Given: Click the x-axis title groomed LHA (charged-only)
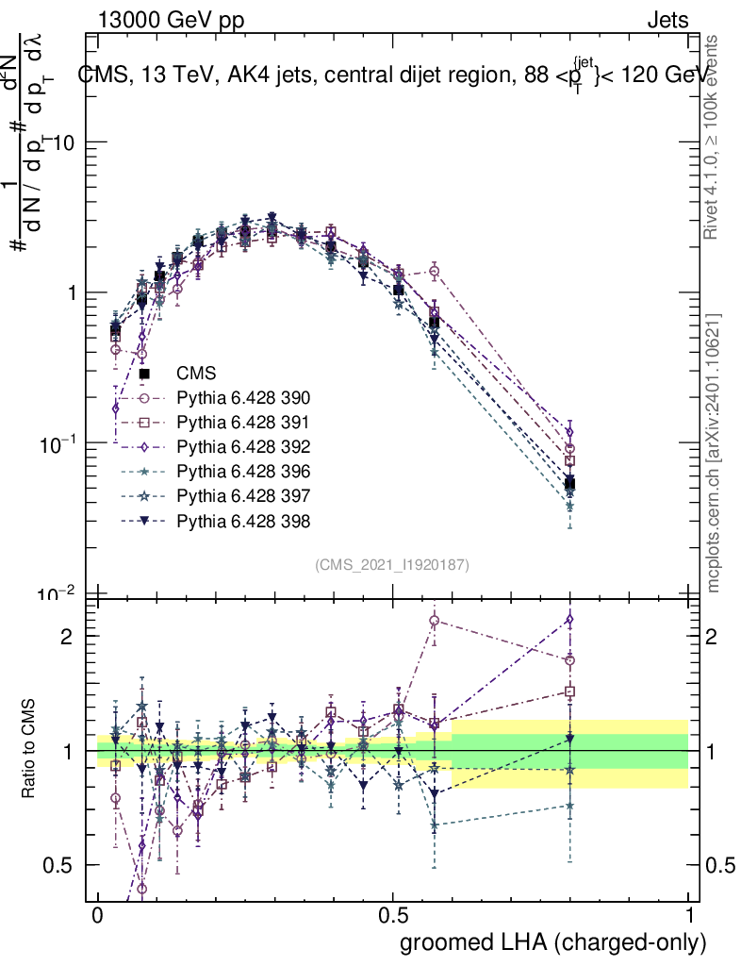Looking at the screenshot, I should tap(553, 942).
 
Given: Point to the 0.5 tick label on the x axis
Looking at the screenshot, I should tap(393, 916).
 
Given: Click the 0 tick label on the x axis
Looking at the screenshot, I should tap(98, 916).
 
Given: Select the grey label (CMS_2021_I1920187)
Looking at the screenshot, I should tap(392, 564).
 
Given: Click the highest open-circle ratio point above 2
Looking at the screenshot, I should tap(435, 621).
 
